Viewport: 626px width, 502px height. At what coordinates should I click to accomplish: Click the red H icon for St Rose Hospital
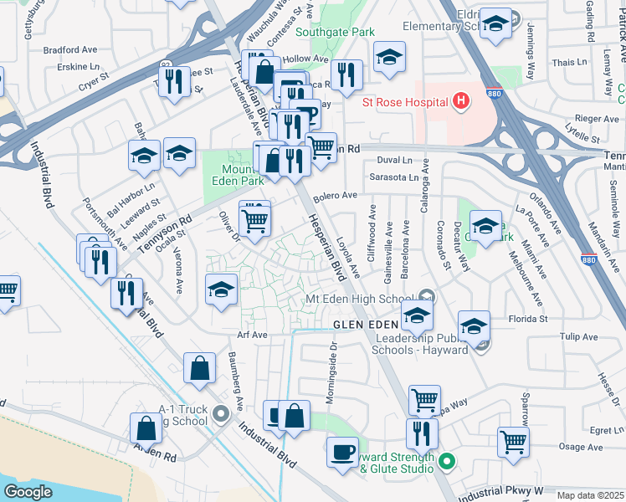(x=459, y=102)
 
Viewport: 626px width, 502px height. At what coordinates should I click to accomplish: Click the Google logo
(x=28, y=492)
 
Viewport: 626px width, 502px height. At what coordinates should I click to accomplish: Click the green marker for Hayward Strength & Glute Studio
(x=447, y=461)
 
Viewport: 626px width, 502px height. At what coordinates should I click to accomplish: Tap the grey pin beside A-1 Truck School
(x=220, y=412)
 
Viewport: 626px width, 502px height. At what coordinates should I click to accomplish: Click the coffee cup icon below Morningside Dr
(x=341, y=453)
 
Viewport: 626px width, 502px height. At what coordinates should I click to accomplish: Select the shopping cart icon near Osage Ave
(x=513, y=440)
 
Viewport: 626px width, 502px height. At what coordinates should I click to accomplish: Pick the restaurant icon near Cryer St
(x=174, y=80)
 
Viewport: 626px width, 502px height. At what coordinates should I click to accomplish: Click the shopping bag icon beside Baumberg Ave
(x=200, y=369)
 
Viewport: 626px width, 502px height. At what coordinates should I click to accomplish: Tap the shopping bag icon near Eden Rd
(x=146, y=428)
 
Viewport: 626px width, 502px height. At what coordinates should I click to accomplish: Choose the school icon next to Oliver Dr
(x=222, y=289)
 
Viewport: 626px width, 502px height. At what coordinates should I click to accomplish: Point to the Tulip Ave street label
(x=578, y=337)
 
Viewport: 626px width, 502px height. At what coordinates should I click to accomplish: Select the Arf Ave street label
(x=251, y=335)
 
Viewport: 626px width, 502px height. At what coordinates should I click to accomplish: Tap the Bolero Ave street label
(x=335, y=196)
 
